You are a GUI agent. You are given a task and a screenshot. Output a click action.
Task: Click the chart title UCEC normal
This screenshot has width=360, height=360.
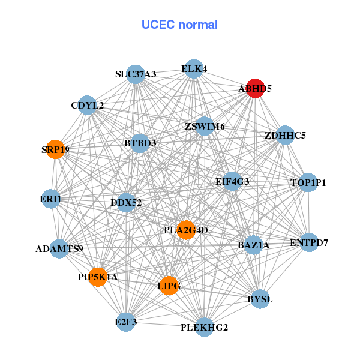[179, 25]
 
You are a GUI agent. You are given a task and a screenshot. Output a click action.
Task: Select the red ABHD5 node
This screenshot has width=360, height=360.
[256, 88]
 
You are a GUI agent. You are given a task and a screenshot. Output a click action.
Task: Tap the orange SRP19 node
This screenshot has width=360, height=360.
[56, 149]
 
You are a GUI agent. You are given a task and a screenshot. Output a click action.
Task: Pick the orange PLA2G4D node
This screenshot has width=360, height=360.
[187, 230]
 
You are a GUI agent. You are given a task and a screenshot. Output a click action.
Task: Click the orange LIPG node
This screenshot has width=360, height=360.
[169, 286]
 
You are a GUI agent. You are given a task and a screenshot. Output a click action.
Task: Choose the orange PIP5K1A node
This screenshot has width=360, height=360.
[98, 277]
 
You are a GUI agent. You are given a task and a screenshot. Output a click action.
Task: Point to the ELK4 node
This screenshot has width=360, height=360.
[194, 69]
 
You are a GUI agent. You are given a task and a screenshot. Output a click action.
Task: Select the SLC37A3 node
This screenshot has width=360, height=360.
[136, 74]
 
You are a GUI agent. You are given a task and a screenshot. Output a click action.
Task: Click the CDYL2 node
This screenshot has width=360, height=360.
[88, 106]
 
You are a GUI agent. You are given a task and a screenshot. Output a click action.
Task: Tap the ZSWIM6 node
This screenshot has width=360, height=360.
[205, 126]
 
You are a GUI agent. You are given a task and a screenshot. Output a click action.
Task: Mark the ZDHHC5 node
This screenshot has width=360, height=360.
[286, 135]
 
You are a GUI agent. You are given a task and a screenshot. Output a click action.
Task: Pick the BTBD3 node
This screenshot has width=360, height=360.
[140, 143]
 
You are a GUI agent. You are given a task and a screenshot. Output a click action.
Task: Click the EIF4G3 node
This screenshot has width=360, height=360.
[232, 181]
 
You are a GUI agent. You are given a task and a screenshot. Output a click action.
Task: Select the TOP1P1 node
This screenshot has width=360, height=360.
[308, 182]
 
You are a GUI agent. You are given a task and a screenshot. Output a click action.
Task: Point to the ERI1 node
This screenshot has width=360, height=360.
[50, 199]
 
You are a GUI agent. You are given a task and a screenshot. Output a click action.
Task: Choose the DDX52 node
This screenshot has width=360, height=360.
[126, 202]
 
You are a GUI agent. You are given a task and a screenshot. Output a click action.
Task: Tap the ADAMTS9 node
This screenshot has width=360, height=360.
[59, 248]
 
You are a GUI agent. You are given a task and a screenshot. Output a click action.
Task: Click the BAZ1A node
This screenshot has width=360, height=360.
[253, 245]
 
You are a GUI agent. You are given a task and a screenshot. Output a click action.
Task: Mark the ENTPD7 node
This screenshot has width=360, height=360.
[309, 242]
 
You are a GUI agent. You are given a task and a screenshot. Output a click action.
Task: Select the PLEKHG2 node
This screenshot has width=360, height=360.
[204, 327]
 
